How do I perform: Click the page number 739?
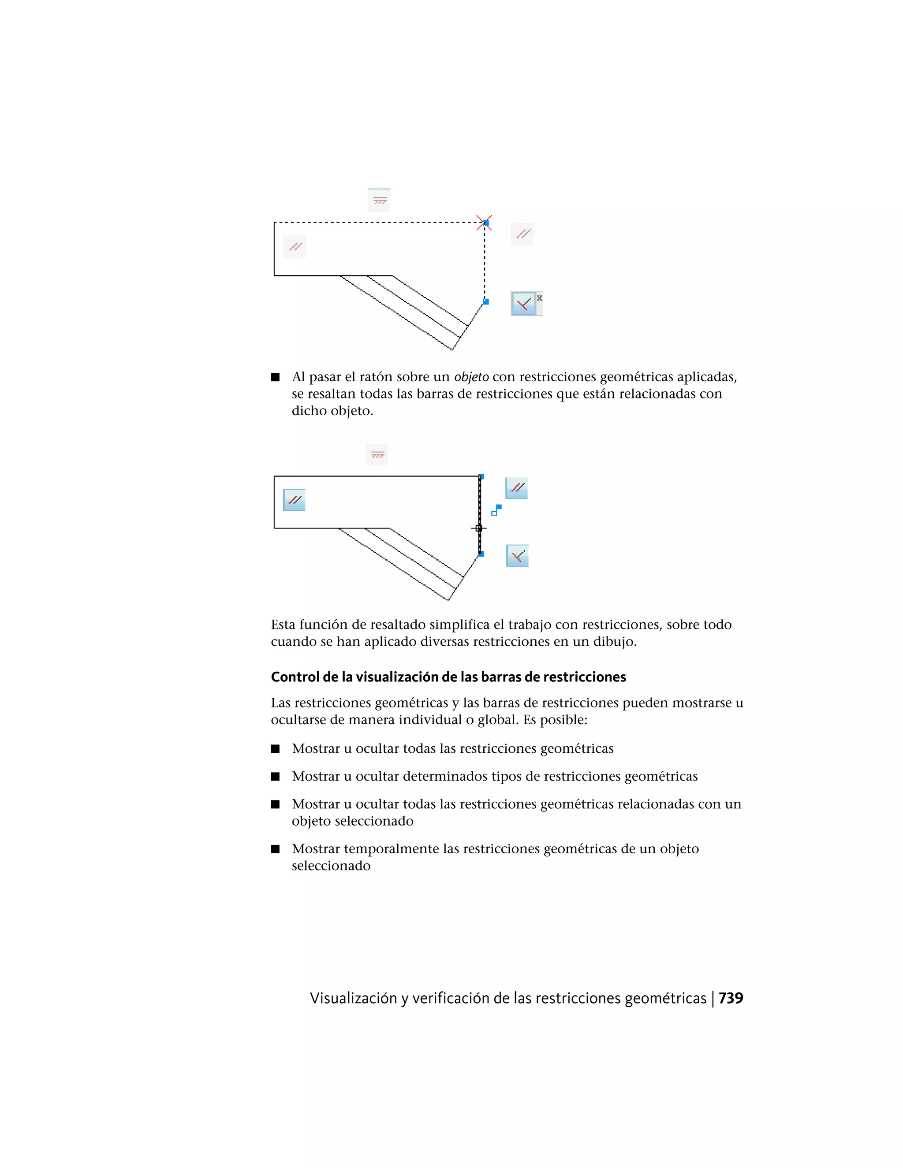pos(730,998)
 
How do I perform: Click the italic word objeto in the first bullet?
pos(471,377)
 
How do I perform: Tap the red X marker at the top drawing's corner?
pos(484,223)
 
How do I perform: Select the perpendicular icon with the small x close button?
pos(523,304)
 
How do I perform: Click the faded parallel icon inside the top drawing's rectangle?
pos(295,246)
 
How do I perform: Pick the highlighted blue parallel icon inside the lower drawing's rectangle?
pos(294,500)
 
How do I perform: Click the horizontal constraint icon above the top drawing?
pos(379,200)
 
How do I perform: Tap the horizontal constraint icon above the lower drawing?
pos(377,454)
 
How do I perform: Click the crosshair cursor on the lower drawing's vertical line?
pos(478,528)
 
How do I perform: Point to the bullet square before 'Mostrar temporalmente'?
pos(276,849)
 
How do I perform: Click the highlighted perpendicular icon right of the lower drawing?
pos(517,556)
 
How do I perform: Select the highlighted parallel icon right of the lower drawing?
pos(517,488)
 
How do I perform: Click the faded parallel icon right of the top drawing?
pos(522,234)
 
